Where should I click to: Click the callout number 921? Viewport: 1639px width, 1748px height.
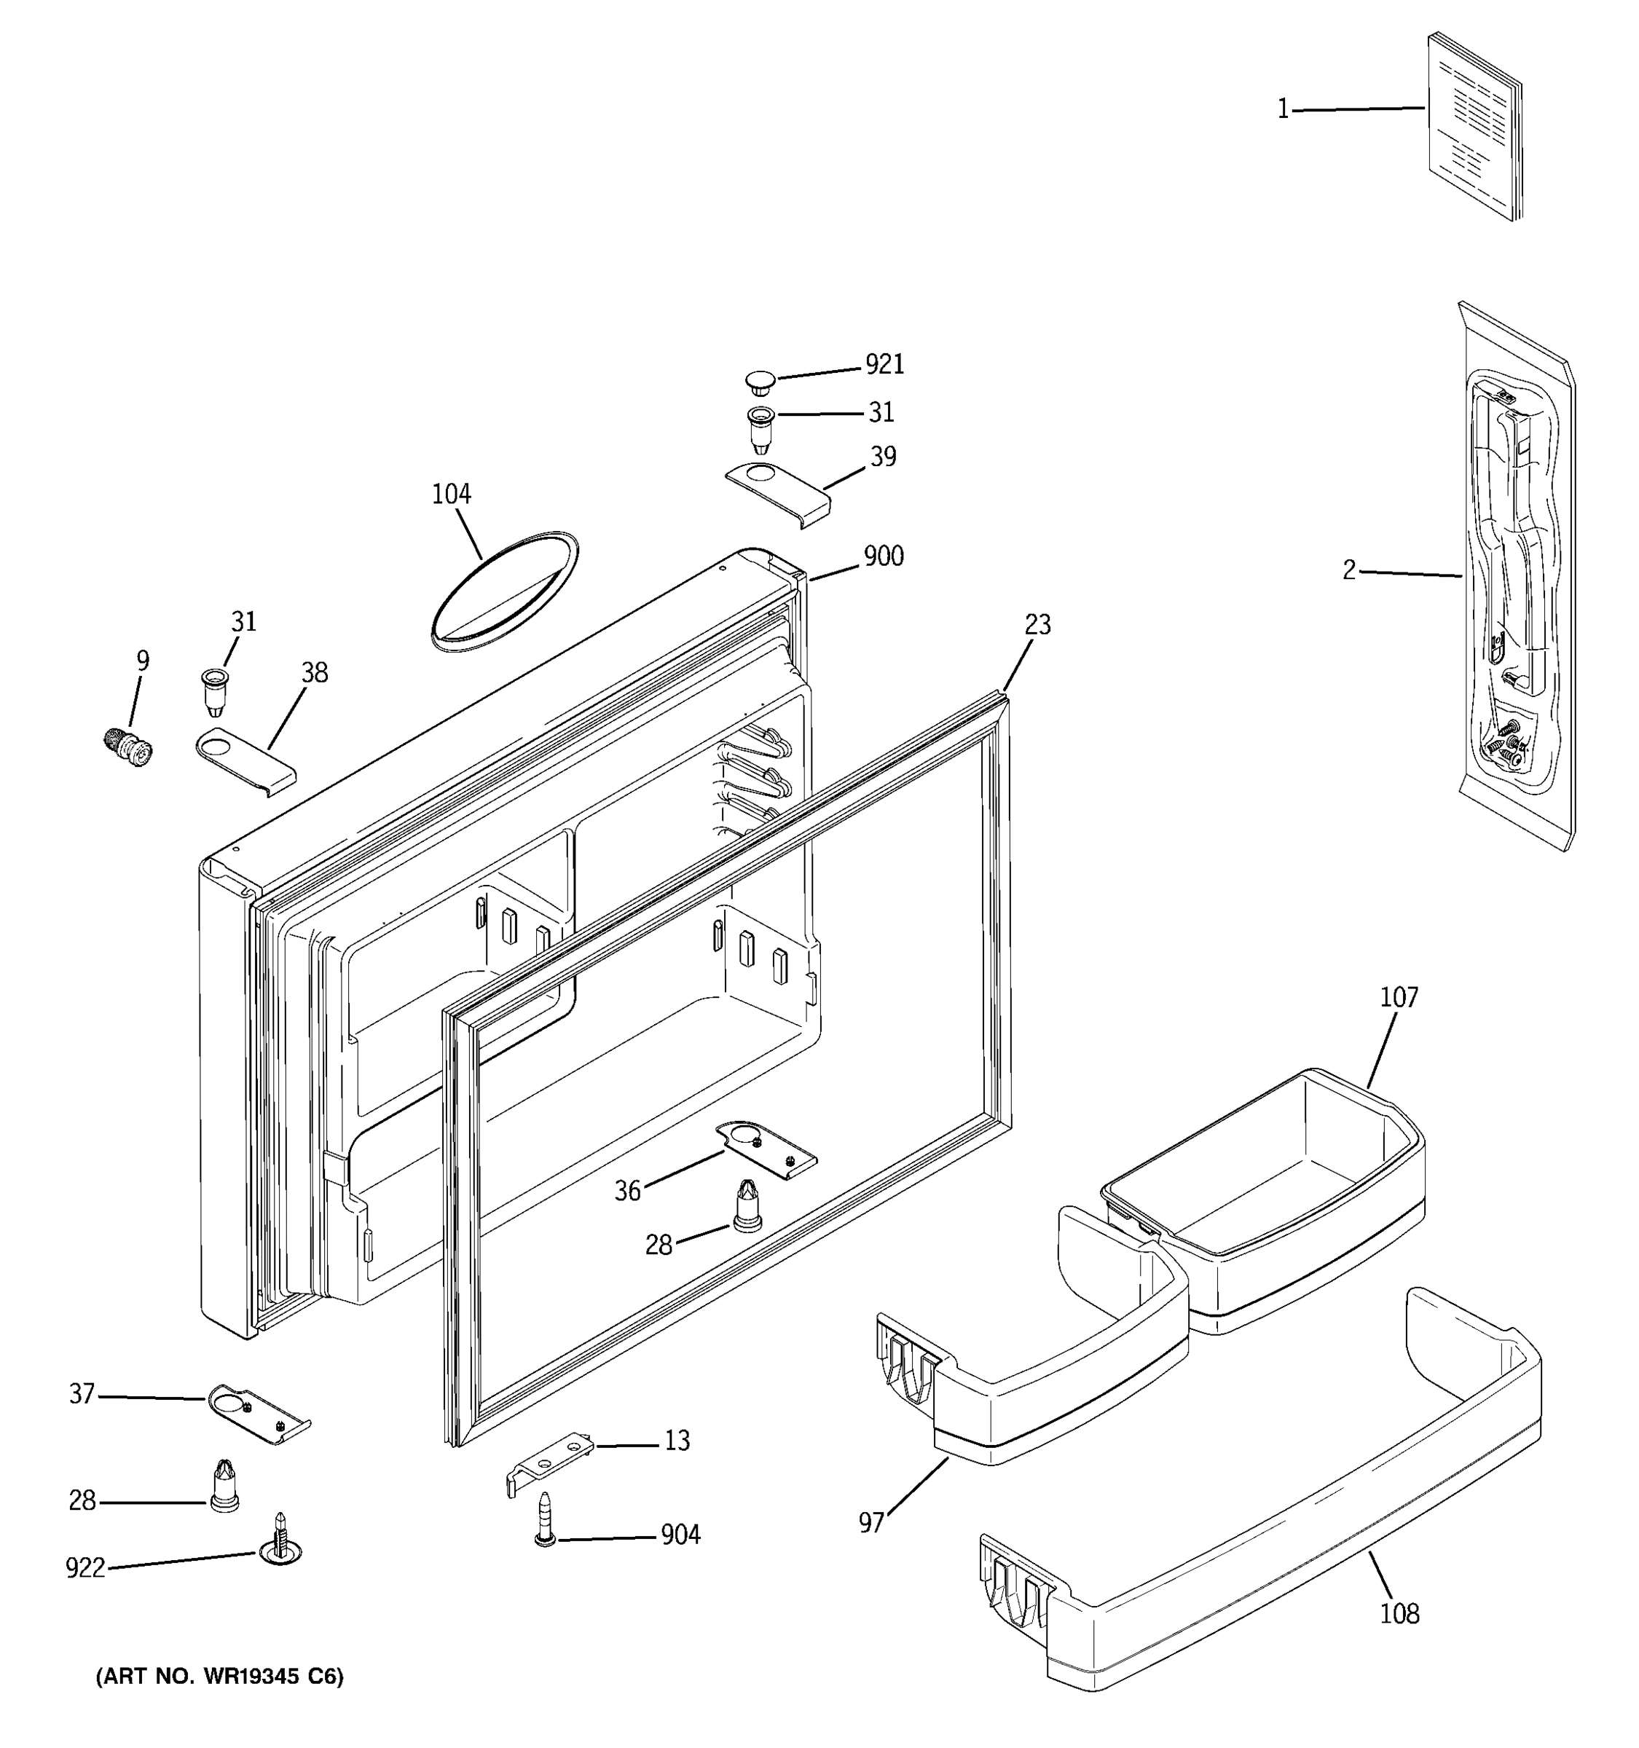pos(884,364)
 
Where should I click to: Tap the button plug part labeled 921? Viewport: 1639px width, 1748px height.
pos(760,382)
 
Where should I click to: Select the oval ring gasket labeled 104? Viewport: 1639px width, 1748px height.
pos(505,591)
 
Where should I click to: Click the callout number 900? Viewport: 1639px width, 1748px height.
pos(883,556)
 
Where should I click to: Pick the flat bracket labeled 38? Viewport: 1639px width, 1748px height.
pos(245,760)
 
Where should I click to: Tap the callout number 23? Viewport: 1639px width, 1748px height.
pos(1037,624)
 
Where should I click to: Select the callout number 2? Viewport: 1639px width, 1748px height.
pos(1349,571)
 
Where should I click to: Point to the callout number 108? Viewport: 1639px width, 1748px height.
pos(1399,1613)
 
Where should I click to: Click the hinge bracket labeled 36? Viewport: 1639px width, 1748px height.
pos(766,1150)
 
